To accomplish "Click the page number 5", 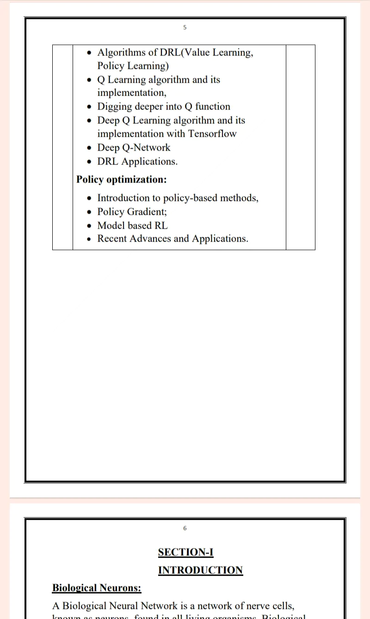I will coord(185,28).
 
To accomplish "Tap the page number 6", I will coord(185,528).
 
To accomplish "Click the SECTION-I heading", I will coord(185,552).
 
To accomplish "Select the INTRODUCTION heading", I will coord(200,570).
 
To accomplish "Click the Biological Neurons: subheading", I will coord(97,588).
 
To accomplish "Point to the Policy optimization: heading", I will coord(121,179).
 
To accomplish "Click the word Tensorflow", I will coord(212,134).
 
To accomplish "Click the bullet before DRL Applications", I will coord(90,162).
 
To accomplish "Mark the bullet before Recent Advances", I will coord(90,239).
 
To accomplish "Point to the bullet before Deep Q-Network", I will coord(90,148).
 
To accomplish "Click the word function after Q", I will coord(212,107).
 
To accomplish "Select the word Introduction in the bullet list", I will coord(123,198).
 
